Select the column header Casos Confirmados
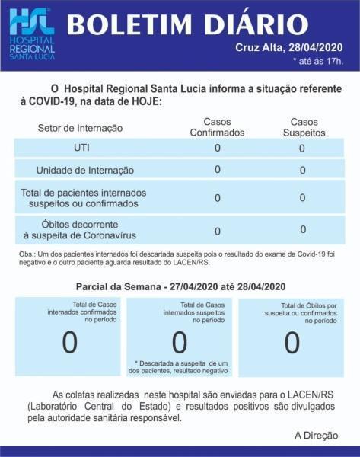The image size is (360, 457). coord(217,127)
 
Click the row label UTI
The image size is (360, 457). coord(81,148)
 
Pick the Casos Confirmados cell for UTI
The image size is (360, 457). coord(218,148)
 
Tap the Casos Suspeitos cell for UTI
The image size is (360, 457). coord(301,149)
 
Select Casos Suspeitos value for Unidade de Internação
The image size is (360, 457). coord(302,171)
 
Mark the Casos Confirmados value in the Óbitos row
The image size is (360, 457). coord(218,231)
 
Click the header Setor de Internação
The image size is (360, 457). coord(80,128)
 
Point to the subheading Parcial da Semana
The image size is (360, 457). coord(180,286)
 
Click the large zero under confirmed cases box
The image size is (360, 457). coord(69,343)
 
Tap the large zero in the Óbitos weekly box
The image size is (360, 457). coord(292,343)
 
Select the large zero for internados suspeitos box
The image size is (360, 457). coord(180,344)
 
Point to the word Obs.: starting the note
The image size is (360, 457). coord(30,254)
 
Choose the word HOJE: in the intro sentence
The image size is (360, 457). coord(142,101)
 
